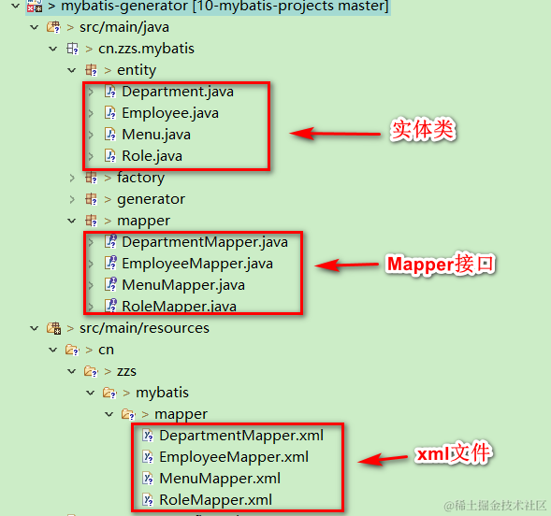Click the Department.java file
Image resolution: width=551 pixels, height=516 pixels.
(x=177, y=92)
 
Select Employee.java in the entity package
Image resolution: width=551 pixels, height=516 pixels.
(x=169, y=113)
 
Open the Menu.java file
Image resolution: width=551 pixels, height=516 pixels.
(x=155, y=135)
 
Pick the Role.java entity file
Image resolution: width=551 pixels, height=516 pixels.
(x=151, y=156)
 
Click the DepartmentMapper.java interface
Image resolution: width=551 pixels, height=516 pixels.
(x=204, y=242)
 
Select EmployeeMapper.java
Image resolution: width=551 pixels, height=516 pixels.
(x=196, y=264)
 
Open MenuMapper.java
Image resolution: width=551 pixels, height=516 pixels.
(x=182, y=285)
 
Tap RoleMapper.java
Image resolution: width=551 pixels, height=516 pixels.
(x=178, y=306)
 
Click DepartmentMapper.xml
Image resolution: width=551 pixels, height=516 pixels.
(x=240, y=436)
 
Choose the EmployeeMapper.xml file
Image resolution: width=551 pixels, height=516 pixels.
(x=233, y=457)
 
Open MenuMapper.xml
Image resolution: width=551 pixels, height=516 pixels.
(x=219, y=479)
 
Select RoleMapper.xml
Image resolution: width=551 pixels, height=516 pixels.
(x=214, y=500)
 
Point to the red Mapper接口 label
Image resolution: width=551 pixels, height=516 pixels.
(x=440, y=265)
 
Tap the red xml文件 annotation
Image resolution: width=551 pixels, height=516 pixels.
(x=453, y=456)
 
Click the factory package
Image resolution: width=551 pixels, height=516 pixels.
(x=140, y=178)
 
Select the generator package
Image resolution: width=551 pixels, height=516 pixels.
(x=151, y=199)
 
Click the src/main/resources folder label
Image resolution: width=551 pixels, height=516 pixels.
(x=144, y=328)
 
